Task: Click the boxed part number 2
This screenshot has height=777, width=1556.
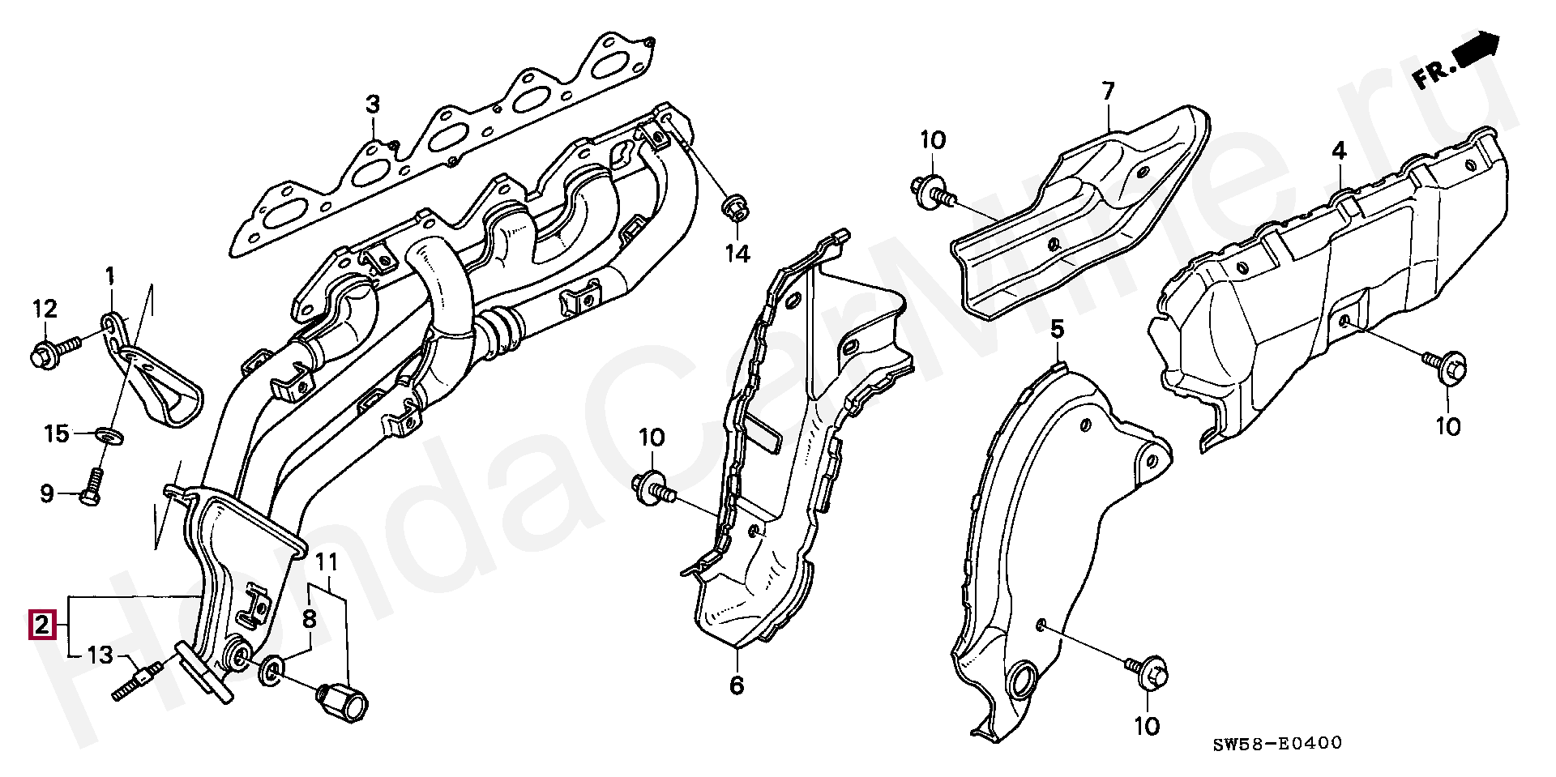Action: pos(42,625)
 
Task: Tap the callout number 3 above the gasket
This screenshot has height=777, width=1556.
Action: pos(371,105)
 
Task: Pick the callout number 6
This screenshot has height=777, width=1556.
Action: pos(736,685)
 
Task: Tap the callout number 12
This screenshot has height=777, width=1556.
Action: pos(45,309)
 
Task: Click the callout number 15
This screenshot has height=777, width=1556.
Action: pos(57,434)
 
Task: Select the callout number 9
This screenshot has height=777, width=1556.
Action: pos(47,493)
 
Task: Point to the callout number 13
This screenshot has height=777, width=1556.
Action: pos(100,655)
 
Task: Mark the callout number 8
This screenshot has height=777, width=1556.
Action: pos(309,620)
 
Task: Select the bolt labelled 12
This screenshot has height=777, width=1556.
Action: pos(53,351)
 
